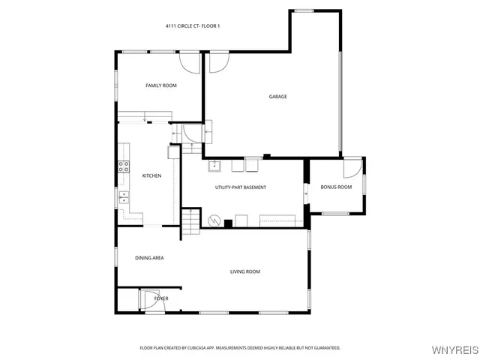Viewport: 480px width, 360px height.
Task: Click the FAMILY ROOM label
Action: (x=160, y=85)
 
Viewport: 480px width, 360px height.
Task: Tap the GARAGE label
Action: (x=278, y=96)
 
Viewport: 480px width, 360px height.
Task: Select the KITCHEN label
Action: (x=152, y=175)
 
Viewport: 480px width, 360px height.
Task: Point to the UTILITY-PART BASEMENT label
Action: (x=241, y=187)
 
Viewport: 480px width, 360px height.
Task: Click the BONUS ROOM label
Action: (x=336, y=187)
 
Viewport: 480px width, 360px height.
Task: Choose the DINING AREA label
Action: (x=149, y=258)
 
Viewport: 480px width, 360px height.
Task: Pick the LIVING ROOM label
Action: (x=245, y=271)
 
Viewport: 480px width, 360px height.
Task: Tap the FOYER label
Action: (x=161, y=298)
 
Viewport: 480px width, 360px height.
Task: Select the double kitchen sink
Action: (x=123, y=198)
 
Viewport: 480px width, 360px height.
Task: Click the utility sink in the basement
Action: (x=214, y=166)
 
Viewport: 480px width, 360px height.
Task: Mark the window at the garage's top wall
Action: (x=303, y=10)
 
